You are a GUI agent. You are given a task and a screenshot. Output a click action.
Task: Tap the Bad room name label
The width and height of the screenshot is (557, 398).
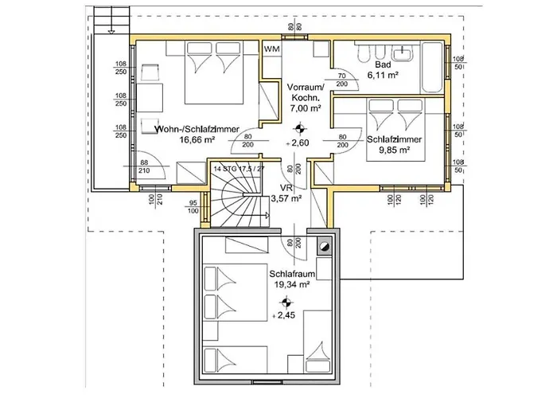tap(381, 64)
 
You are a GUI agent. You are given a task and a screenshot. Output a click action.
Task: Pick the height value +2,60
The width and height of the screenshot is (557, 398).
tap(299, 142)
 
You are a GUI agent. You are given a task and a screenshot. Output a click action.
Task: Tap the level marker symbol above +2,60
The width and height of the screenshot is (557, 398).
tap(299, 127)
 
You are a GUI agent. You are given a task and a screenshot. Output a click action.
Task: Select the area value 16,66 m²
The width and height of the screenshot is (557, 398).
tap(185, 139)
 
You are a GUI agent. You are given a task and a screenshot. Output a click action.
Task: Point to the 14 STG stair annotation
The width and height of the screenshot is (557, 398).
tap(238, 170)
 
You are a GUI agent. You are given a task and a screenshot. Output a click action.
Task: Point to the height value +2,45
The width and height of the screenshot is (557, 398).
tap(285, 316)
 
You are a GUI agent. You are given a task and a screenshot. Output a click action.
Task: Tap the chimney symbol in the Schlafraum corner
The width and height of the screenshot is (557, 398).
tap(324, 246)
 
